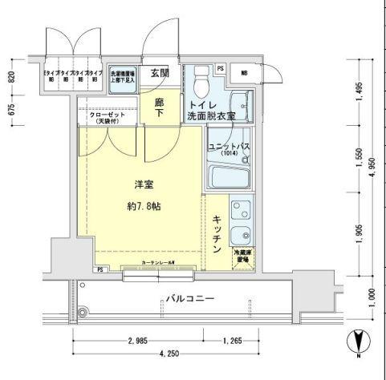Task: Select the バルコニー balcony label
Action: (192, 298)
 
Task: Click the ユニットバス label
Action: (228, 146)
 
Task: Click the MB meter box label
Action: (246, 71)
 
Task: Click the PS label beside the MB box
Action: (220, 69)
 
